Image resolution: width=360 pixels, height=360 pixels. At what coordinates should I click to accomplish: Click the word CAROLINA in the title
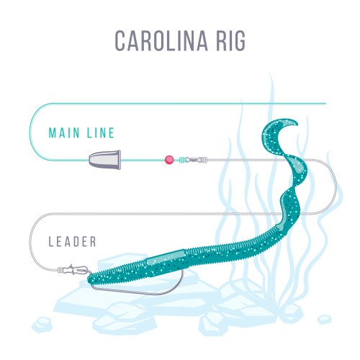point(161,40)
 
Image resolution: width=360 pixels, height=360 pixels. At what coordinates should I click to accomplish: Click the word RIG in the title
point(231,40)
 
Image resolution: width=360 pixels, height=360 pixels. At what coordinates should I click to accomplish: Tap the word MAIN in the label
point(64,133)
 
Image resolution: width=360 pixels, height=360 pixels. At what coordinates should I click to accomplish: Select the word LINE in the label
point(101,133)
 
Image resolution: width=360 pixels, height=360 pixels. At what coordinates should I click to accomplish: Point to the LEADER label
point(72,241)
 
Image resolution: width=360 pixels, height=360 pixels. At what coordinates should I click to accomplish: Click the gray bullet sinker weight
point(105,160)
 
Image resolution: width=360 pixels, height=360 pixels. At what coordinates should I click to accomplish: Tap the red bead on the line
point(169,160)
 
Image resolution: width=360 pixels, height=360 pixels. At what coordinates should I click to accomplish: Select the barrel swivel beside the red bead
point(193,159)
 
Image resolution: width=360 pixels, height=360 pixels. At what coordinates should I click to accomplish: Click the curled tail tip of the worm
point(294,123)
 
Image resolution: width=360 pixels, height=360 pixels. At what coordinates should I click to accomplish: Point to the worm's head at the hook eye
point(91,279)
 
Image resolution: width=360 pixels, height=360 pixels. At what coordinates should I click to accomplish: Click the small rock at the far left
point(42,325)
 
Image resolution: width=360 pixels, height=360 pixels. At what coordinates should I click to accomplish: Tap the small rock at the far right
point(325,320)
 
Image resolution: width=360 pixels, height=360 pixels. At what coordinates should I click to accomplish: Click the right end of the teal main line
point(325,104)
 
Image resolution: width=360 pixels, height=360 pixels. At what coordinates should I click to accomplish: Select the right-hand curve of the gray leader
point(336,186)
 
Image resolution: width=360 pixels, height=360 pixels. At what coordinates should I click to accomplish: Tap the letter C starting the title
point(121,40)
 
